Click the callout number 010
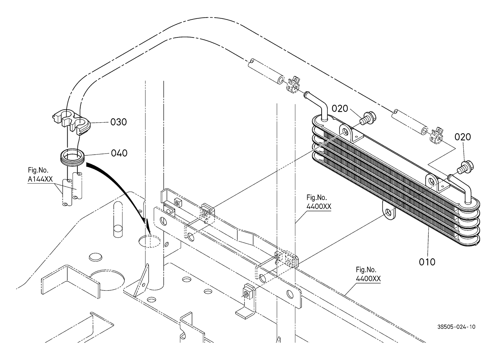[x=427, y=262]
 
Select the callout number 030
[x=118, y=122]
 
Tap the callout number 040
[x=119, y=153]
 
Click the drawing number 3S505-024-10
[x=456, y=327]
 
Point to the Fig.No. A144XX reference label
[x=40, y=175]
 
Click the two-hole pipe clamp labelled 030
[x=71, y=122]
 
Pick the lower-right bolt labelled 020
[x=465, y=167]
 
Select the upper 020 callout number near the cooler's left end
[x=340, y=109]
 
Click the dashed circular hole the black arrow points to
[x=150, y=241]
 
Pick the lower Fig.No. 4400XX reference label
[x=368, y=274]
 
